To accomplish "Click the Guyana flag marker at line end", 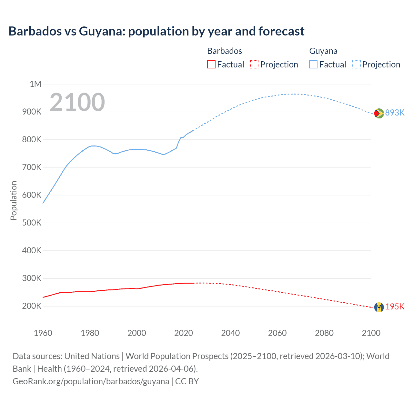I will tap(379, 113).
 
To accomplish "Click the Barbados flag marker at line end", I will tap(379, 307).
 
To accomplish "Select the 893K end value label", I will tap(395, 113).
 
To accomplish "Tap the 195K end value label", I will tap(395, 307).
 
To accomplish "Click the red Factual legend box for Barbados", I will tap(211, 65).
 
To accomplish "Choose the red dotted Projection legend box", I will tap(254, 65).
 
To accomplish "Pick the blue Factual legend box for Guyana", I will tap(313, 65).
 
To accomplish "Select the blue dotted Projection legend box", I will tap(357, 65).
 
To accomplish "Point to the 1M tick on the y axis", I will tap(35, 84).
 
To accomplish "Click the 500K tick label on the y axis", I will tap(32, 223).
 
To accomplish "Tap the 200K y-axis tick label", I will tap(32, 306).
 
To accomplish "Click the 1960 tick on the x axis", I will tap(43, 333).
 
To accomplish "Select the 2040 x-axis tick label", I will tap(230, 333).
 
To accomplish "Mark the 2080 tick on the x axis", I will tap(324, 333).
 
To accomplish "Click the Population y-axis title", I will tap(14, 200).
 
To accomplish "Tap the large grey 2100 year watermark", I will tap(77, 102).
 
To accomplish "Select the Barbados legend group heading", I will tap(225, 51).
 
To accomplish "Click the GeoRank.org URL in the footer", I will tap(91, 381).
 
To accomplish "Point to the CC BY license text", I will tap(187, 381).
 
